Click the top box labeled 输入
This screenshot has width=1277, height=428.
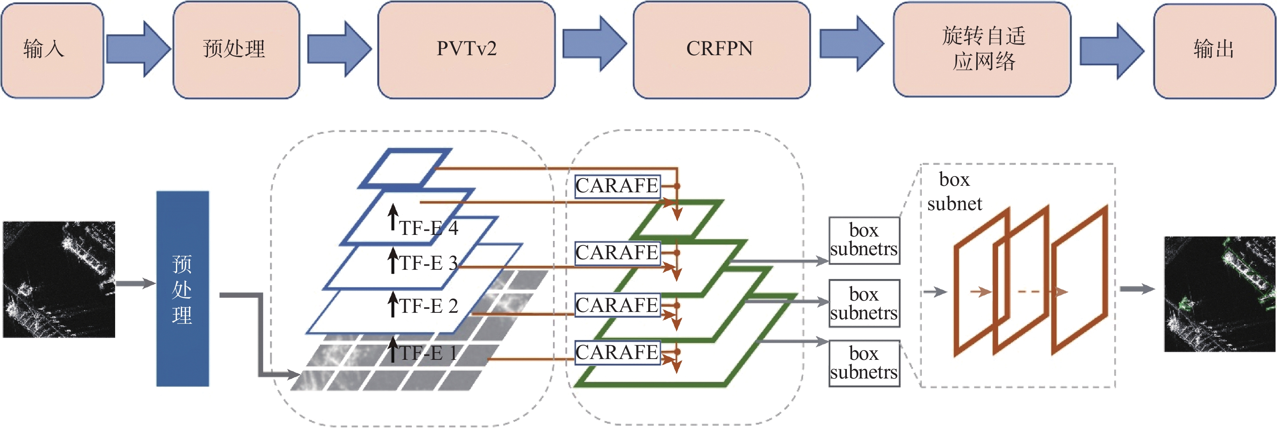click(52, 49)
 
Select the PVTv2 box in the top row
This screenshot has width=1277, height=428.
click(466, 49)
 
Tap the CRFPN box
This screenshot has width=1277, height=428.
click(721, 49)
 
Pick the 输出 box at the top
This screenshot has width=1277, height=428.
click(1215, 49)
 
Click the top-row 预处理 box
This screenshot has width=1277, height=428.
click(236, 49)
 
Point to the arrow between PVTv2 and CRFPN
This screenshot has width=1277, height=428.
click(594, 44)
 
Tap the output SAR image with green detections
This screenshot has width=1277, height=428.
click(1220, 294)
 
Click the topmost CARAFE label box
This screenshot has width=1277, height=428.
click(617, 186)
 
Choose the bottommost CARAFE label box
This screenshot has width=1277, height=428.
click(617, 353)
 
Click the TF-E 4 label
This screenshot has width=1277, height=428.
click(429, 228)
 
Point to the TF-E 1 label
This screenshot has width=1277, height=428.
click(429, 353)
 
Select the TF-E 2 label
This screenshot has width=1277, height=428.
click(429, 306)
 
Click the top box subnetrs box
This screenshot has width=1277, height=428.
click(864, 241)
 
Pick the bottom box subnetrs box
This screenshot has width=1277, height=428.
click(864, 363)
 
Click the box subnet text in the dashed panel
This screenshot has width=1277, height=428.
click(954, 192)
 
